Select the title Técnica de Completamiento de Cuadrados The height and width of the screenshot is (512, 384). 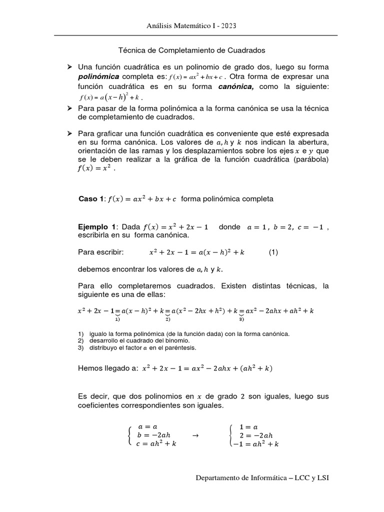tap(191, 50)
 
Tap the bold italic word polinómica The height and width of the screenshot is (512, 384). tap(98, 76)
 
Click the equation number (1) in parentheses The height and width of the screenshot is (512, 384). tap(273, 252)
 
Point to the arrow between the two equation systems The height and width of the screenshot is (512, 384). tap(195, 435)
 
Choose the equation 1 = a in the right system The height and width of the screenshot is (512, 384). tap(248, 426)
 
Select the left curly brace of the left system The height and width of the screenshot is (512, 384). tap(130, 435)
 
